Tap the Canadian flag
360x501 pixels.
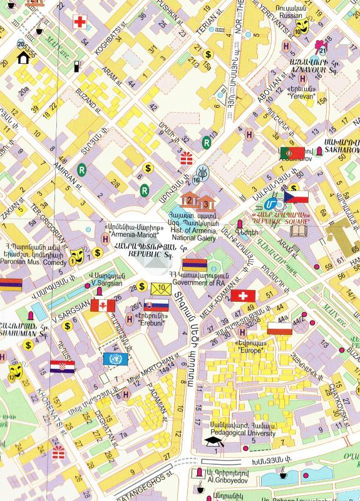pyautogui.click(x=103, y=305)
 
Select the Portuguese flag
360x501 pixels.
pyautogui.click(x=291, y=152)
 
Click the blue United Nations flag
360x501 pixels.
pyautogui.click(x=115, y=359)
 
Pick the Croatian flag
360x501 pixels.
pyautogui.click(x=63, y=367)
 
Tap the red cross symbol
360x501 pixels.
pyautogui.click(x=80, y=23)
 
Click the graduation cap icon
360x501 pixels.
pyautogui.click(x=214, y=441)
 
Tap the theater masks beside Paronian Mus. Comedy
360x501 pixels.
pyautogui.click(x=77, y=254)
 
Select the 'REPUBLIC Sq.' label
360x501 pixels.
pyautogui.click(x=150, y=255)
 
